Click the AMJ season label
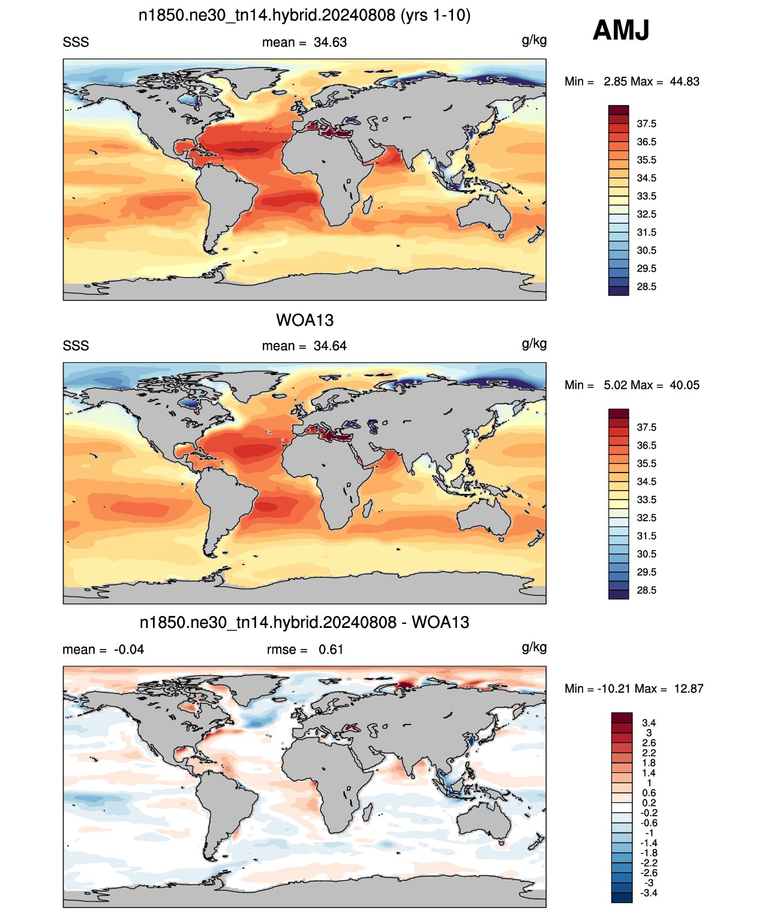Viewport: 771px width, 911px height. tap(620, 30)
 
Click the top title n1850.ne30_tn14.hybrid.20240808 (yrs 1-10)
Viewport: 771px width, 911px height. tap(305, 16)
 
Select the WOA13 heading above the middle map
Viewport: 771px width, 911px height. tap(305, 320)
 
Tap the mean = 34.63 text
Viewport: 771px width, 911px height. tap(304, 43)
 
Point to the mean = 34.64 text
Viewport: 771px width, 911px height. tap(304, 346)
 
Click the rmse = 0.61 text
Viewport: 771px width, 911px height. tap(305, 650)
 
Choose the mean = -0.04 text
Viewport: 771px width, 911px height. tap(103, 650)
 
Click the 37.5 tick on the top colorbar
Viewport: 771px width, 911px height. tap(646, 124)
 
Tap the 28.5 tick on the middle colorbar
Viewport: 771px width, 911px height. tap(646, 590)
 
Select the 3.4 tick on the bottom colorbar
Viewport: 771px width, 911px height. tap(649, 723)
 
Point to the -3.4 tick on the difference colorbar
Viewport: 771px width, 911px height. tap(647, 893)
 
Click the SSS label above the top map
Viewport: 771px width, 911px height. tap(76, 43)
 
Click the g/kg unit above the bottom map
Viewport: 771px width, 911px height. tap(534, 648)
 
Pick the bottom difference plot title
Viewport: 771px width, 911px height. tap(305, 623)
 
